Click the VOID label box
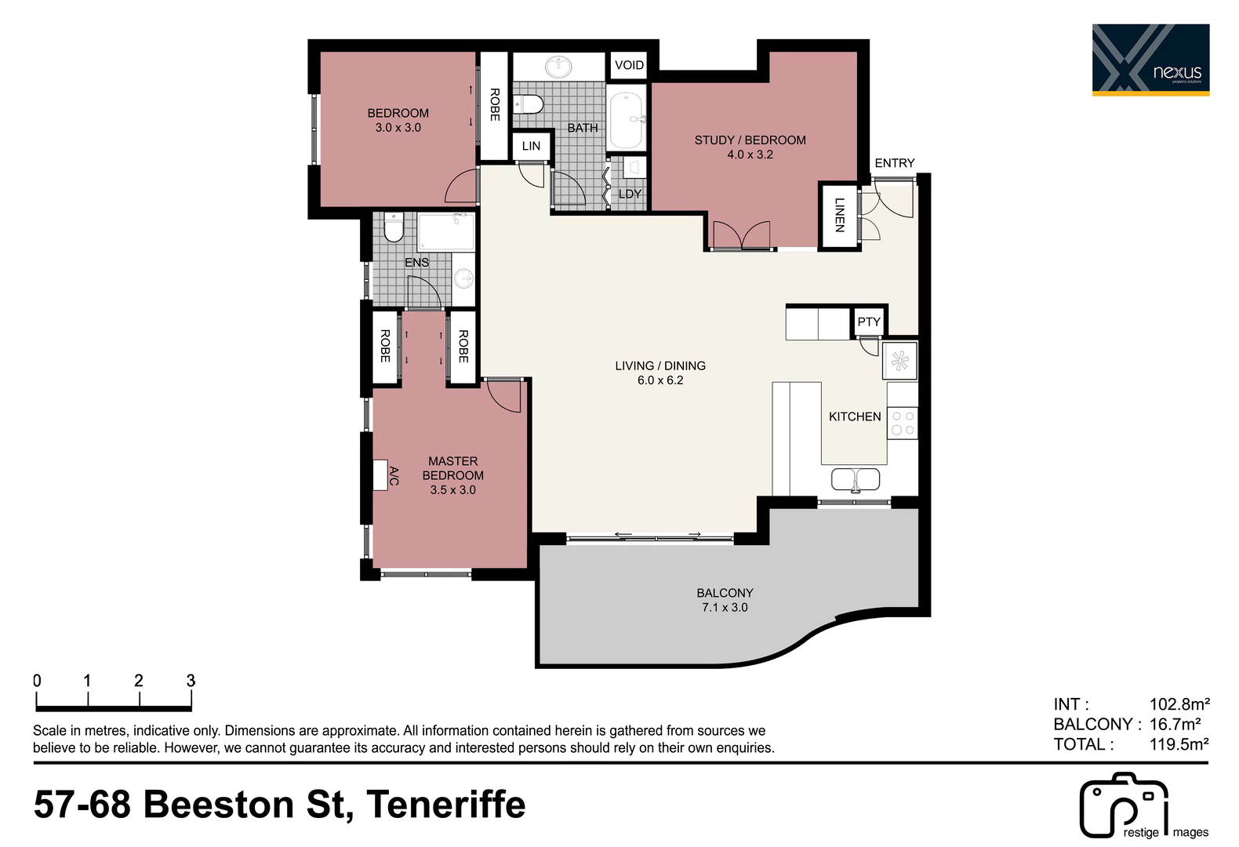(x=629, y=65)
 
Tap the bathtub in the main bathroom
(x=626, y=120)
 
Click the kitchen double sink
(x=855, y=479)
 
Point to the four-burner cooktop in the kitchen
(x=902, y=423)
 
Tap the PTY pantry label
(x=868, y=322)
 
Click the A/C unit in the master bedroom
(x=380, y=475)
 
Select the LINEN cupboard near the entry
(x=839, y=215)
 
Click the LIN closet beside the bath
(x=531, y=146)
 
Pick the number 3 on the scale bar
(x=191, y=681)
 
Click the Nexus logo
(x=1151, y=60)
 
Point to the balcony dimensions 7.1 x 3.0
(x=725, y=608)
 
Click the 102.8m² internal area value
(x=1179, y=704)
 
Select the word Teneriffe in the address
(x=446, y=805)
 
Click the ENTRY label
(x=895, y=163)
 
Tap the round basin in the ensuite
(x=463, y=278)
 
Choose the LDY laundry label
(x=630, y=194)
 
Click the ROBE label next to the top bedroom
(x=495, y=104)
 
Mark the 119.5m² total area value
(x=1179, y=744)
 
